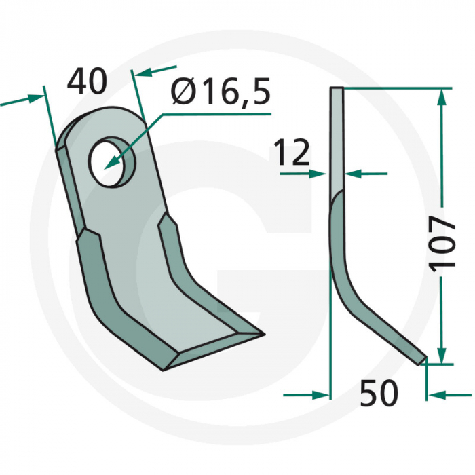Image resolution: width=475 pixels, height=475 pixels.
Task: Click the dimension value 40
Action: [87, 82]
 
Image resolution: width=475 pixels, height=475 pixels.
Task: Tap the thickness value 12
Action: [292, 153]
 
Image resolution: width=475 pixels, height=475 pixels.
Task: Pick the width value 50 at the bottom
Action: [377, 394]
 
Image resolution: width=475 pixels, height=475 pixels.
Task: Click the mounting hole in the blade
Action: [111, 161]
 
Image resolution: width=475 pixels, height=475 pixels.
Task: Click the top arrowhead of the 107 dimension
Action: [442, 96]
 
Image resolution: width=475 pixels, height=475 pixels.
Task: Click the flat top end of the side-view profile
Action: [337, 89]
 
